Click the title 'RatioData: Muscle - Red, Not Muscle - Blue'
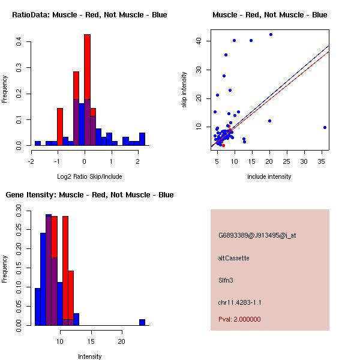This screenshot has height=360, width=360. pos(89,14)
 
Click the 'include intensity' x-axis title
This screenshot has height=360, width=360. pos(269,176)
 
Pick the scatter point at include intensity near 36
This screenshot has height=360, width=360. pos(325,127)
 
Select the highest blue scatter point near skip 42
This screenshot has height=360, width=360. pos(271,34)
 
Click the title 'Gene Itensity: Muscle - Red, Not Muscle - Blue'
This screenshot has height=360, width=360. pos(89,195)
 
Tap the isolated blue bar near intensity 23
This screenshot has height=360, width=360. pos(142,322)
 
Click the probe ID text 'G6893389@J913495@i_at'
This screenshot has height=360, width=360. pos(257,235)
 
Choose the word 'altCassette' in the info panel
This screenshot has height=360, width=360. pos(233,258)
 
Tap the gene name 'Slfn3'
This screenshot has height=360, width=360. pos(226,280)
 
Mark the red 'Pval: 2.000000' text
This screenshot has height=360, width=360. pos(239,319)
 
